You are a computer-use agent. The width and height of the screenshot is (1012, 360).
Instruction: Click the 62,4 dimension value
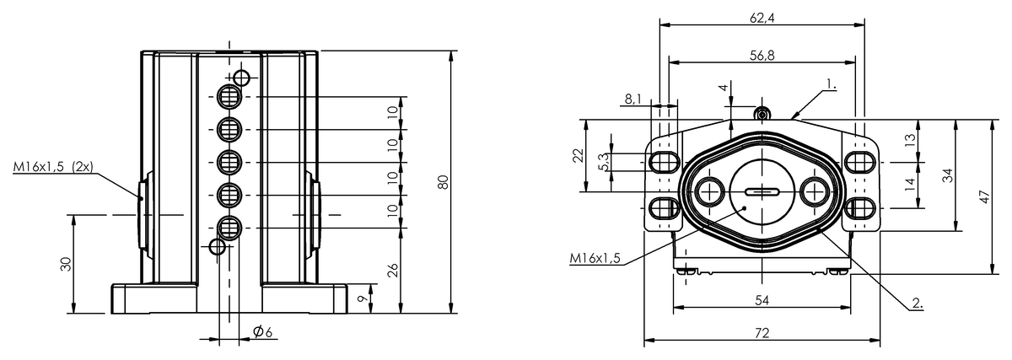[x=762, y=18]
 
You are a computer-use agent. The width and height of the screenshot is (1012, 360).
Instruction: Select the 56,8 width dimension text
[x=762, y=55]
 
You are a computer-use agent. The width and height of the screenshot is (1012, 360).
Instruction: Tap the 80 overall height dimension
[x=444, y=181]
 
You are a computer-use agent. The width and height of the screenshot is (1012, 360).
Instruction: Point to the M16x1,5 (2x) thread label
[x=53, y=167]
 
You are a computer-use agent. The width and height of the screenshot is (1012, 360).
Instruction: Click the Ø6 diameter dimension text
[x=262, y=332]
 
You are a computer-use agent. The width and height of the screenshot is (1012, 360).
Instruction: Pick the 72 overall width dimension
[x=762, y=333]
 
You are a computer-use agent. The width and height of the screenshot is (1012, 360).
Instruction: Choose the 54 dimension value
[x=762, y=300]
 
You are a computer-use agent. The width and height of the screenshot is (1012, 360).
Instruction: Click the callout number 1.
[x=831, y=83]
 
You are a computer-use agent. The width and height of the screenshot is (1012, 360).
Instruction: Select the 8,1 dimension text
[x=633, y=99]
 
